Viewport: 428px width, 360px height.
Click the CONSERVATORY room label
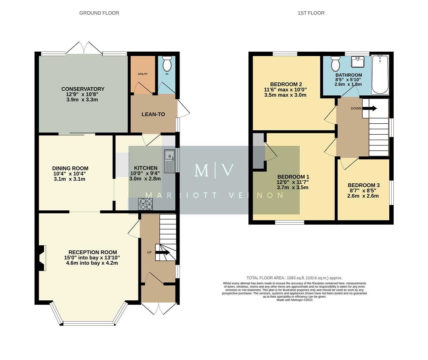(83, 89)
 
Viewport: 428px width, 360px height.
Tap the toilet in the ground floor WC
(166, 63)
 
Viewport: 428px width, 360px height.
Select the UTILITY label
(143, 74)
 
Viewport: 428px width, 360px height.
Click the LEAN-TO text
(153, 114)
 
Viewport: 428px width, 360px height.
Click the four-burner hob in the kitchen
(145, 204)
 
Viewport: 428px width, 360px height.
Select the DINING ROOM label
(70, 168)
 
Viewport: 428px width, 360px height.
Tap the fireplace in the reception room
(42, 258)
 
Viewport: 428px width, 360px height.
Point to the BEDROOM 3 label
(364, 185)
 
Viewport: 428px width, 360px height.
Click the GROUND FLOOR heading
(99, 13)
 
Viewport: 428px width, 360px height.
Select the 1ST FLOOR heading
(311, 13)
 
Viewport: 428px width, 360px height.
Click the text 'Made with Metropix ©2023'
(295, 300)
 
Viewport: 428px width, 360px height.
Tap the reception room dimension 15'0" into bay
(76, 258)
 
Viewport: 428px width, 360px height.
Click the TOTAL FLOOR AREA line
(295, 278)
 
